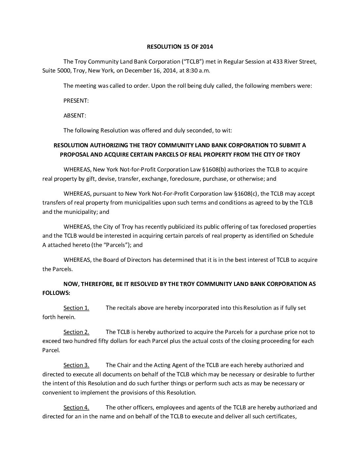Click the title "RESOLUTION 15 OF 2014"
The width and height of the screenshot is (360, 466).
[x=180, y=47]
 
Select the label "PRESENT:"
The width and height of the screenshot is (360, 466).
[x=76, y=101]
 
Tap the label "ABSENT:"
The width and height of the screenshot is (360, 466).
[x=75, y=116]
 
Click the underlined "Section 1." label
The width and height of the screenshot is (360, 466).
[x=76, y=308]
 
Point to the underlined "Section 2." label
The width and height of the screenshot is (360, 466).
[x=76, y=332]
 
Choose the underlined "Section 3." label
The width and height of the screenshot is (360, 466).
[x=76, y=365]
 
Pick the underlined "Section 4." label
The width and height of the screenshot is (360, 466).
[x=76, y=407]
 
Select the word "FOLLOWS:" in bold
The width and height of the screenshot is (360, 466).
[x=56, y=293]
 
